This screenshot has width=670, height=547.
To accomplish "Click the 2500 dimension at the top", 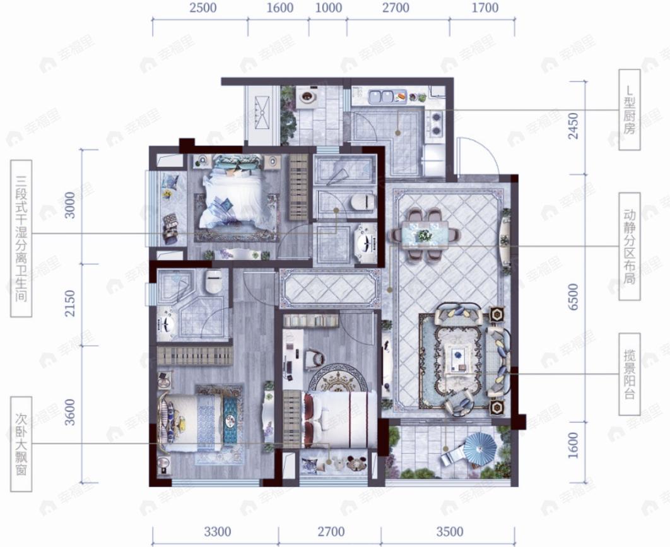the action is pyautogui.click(x=203, y=8).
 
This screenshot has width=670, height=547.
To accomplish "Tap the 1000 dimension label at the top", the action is pyautogui.click(x=329, y=8).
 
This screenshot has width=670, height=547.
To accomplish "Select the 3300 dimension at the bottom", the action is pyautogui.click(x=218, y=532).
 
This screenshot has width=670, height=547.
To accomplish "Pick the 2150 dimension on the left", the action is pyautogui.click(x=69, y=303).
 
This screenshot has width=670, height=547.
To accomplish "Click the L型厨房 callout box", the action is pyautogui.click(x=630, y=110).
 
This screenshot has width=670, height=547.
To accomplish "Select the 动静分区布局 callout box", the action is pyautogui.click(x=630, y=247).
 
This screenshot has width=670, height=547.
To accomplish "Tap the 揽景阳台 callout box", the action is pyautogui.click(x=630, y=374).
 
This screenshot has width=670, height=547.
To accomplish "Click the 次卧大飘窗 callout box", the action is pyautogui.click(x=21, y=444).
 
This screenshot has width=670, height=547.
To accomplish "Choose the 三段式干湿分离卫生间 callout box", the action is pyautogui.click(x=21, y=238).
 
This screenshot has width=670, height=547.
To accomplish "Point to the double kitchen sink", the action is pyautogui.click(x=382, y=96).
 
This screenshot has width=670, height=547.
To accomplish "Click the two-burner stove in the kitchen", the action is pyautogui.click(x=437, y=122).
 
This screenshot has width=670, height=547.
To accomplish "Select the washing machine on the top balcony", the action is pyautogui.click(x=307, y=97).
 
